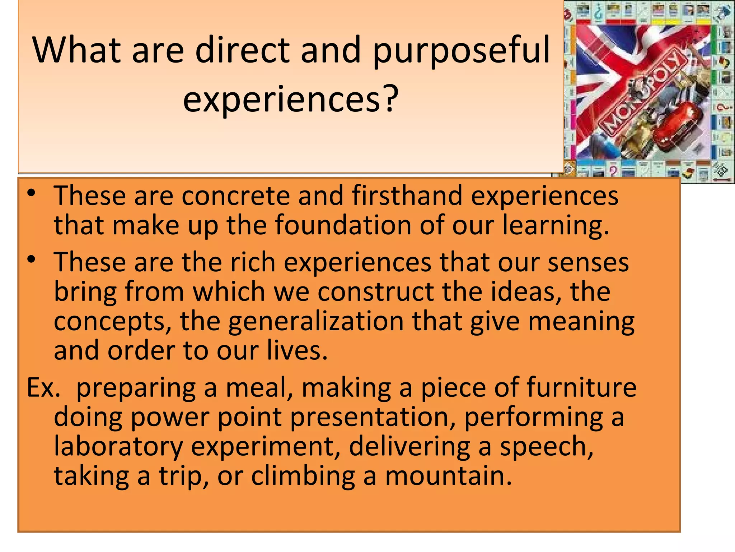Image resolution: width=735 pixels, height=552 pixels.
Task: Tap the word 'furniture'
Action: tap(581, 387)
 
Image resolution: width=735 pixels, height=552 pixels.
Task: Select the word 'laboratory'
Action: tap(118, 446)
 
